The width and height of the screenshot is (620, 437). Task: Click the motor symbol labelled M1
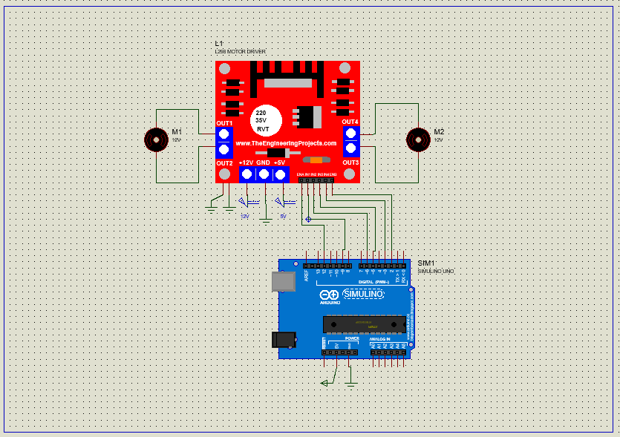[156, 139]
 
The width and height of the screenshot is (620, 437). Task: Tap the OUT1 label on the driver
[224, 122]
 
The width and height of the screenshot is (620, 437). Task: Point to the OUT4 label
[350, 121]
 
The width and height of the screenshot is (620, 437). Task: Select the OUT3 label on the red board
[350, 162]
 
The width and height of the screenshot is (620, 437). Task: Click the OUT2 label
[224, 162]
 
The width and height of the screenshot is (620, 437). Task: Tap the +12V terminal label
[247, 162]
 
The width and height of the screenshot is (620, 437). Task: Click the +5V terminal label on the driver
[279, 162]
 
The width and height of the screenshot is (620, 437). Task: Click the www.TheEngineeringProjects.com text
[286, 143]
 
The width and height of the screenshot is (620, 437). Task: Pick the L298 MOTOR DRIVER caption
[240, 51]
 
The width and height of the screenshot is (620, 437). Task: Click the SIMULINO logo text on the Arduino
[363, 295]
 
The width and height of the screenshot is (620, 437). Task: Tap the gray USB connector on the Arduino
[283, 281]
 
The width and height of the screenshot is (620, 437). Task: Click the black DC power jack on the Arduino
[283, 340]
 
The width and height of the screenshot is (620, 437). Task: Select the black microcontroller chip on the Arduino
[364, 324]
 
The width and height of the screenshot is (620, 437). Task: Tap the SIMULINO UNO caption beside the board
[435, 272]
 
